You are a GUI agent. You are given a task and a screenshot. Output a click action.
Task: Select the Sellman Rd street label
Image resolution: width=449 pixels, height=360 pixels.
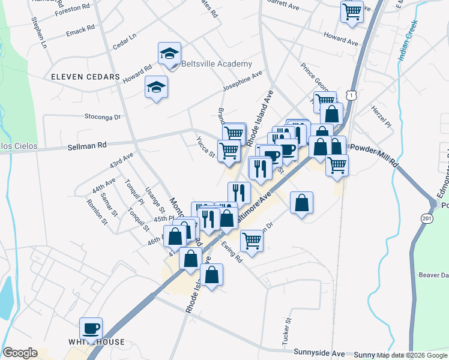[x=87, y=145]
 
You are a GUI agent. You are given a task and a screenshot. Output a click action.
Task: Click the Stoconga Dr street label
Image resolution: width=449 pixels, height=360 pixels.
[x=103, y=116]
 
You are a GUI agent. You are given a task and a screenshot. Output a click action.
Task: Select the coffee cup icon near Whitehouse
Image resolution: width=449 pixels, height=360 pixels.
[x=91, y=328]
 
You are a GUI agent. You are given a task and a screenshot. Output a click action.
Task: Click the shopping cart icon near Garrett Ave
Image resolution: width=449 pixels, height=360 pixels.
[x=352, y=11]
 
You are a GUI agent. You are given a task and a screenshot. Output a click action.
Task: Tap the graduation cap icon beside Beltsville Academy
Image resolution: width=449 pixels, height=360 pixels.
[x=170, y=53]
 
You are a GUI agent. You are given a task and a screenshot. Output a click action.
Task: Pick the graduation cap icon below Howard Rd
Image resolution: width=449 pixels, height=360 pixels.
[x=156, y=88]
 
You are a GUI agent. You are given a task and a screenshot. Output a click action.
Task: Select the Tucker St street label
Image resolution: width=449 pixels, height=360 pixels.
[x=286, y=329]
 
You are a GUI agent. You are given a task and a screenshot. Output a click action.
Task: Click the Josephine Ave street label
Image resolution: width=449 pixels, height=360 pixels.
[x=243, y=82]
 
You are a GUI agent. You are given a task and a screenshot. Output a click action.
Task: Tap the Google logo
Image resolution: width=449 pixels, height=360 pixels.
[x=20, y=353]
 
